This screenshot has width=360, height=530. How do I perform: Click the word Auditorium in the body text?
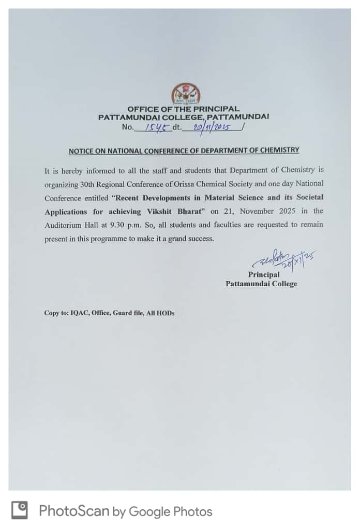(62, 225)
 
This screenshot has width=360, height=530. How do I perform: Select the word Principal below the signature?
(263, 275)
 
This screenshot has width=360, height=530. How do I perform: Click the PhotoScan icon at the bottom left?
(20, 511)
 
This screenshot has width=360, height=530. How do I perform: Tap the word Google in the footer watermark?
(149, 511)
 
